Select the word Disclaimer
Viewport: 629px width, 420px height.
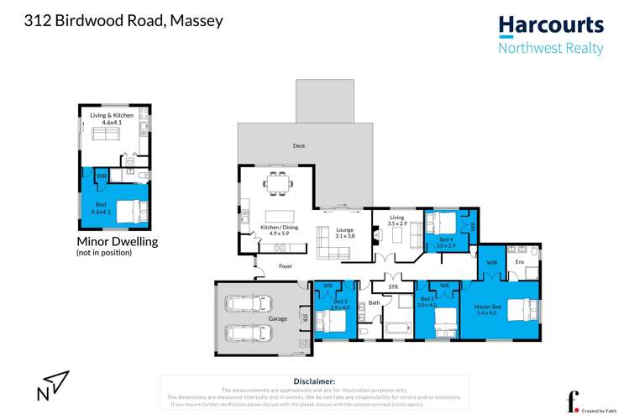pos(314,381)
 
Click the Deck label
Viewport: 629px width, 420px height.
pos(299,145)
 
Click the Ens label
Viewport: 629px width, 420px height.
pos(519,262)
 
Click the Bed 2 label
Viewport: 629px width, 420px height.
pos(427,302)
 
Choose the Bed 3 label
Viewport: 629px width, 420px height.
pos(339,303)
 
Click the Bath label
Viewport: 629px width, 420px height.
pos(374,302)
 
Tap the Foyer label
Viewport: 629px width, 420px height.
pos(286,266)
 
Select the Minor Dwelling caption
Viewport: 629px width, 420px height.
pos(117,242)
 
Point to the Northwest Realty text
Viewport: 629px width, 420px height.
pos(551,48)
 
